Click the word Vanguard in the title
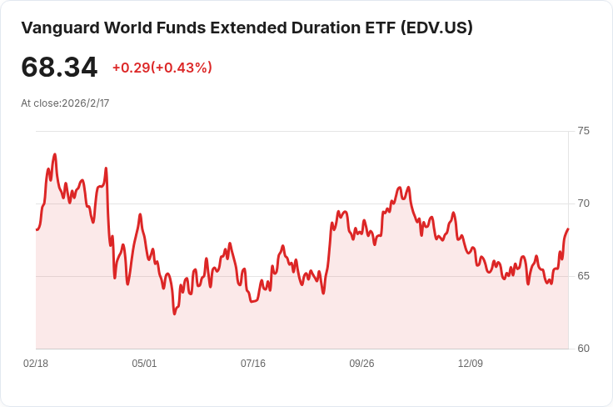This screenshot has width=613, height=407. (x=60, y=28)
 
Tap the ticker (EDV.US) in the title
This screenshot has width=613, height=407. (x=436, y=28)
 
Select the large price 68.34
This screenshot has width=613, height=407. (x=59, y=68)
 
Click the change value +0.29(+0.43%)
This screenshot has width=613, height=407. (x=162, y=68)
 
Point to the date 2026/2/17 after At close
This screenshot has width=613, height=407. (x=86, y=103)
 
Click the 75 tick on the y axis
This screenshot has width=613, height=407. (x=583, y=131)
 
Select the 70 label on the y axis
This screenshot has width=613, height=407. (x=583, y=203)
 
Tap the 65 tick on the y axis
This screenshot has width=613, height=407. (x=583, y=276)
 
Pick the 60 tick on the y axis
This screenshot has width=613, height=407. (x=583, y=349)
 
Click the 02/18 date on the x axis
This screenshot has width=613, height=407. (x=36, y=364)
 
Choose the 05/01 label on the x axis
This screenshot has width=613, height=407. (x=144, y=364)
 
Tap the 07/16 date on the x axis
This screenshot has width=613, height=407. (x=253, y=364)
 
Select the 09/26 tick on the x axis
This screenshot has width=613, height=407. (x=361, y=364)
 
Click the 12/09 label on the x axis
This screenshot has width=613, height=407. (x=471, y=364)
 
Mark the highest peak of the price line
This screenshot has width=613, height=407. (x=55, y=154)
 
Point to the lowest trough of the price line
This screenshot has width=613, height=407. (x=174, y=314)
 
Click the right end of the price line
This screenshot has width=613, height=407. (x=568, y=229)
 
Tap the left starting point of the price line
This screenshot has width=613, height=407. (x=37, y=229)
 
